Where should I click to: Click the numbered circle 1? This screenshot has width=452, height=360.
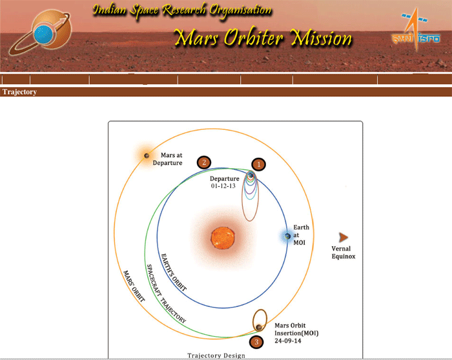click(258, 164)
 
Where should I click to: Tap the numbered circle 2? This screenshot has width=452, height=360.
click(204, 162)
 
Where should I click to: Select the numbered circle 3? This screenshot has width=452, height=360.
click(256, 342)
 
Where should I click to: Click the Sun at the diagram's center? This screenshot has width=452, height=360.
click(223, 238)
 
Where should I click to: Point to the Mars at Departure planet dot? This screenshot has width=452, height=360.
click(147, 156)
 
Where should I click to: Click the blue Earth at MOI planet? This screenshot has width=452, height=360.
click(287, 237)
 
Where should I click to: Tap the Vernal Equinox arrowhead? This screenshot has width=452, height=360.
click(344, 237)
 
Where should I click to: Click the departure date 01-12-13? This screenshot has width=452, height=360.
click(223, 186)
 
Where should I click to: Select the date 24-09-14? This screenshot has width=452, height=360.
click(288, 341)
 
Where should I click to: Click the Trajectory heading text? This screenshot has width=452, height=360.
click(19, 92)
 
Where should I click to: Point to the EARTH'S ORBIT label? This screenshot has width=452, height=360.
click(174, 272)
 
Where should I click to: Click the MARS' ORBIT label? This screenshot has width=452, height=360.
click(134, 286)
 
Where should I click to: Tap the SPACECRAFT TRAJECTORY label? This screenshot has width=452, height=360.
click(167, 293)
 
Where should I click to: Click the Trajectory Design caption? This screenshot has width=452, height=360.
click(216, 355)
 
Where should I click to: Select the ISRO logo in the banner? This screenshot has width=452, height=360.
click(416, 30)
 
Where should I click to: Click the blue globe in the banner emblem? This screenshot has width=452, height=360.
click(43, 34)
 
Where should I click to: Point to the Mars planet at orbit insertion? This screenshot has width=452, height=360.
click(259, 328)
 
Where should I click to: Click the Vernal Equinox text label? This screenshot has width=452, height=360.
click(344, 253)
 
